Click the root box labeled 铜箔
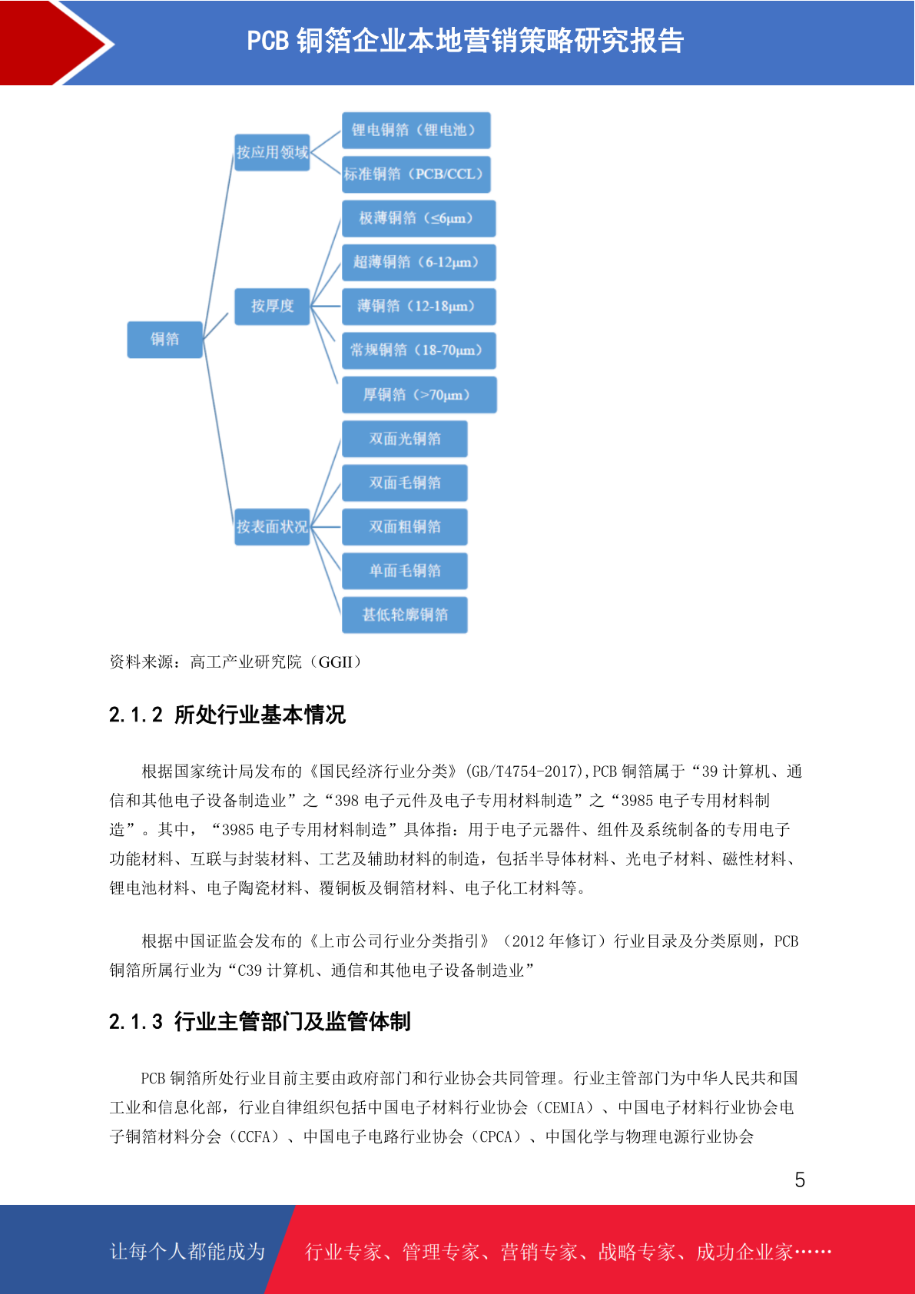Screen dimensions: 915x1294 pos(164,340)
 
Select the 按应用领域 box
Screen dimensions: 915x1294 pos(272,152)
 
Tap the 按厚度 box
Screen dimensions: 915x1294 pos(272,306)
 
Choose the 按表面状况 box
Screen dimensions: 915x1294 pos(272,527)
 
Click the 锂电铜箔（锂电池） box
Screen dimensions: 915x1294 pos(416,131)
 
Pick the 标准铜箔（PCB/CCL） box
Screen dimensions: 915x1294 pos(416,174)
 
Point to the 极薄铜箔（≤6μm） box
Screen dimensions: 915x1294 pos(419,218)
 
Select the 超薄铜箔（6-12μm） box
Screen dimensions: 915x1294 pos(419,262)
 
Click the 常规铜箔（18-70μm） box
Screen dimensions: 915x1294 pos(419,350)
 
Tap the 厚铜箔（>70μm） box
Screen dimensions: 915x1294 pos(419,395)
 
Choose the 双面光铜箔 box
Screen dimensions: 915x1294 pos(404,439)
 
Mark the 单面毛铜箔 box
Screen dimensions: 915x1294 pos(404,572)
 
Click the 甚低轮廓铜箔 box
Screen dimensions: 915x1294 pos(404,615)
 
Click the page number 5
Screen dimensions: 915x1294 pos(800,1180)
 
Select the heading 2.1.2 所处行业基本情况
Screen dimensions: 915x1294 pos(227,715)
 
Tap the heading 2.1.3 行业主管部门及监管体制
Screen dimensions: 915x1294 pos(260,1022)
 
